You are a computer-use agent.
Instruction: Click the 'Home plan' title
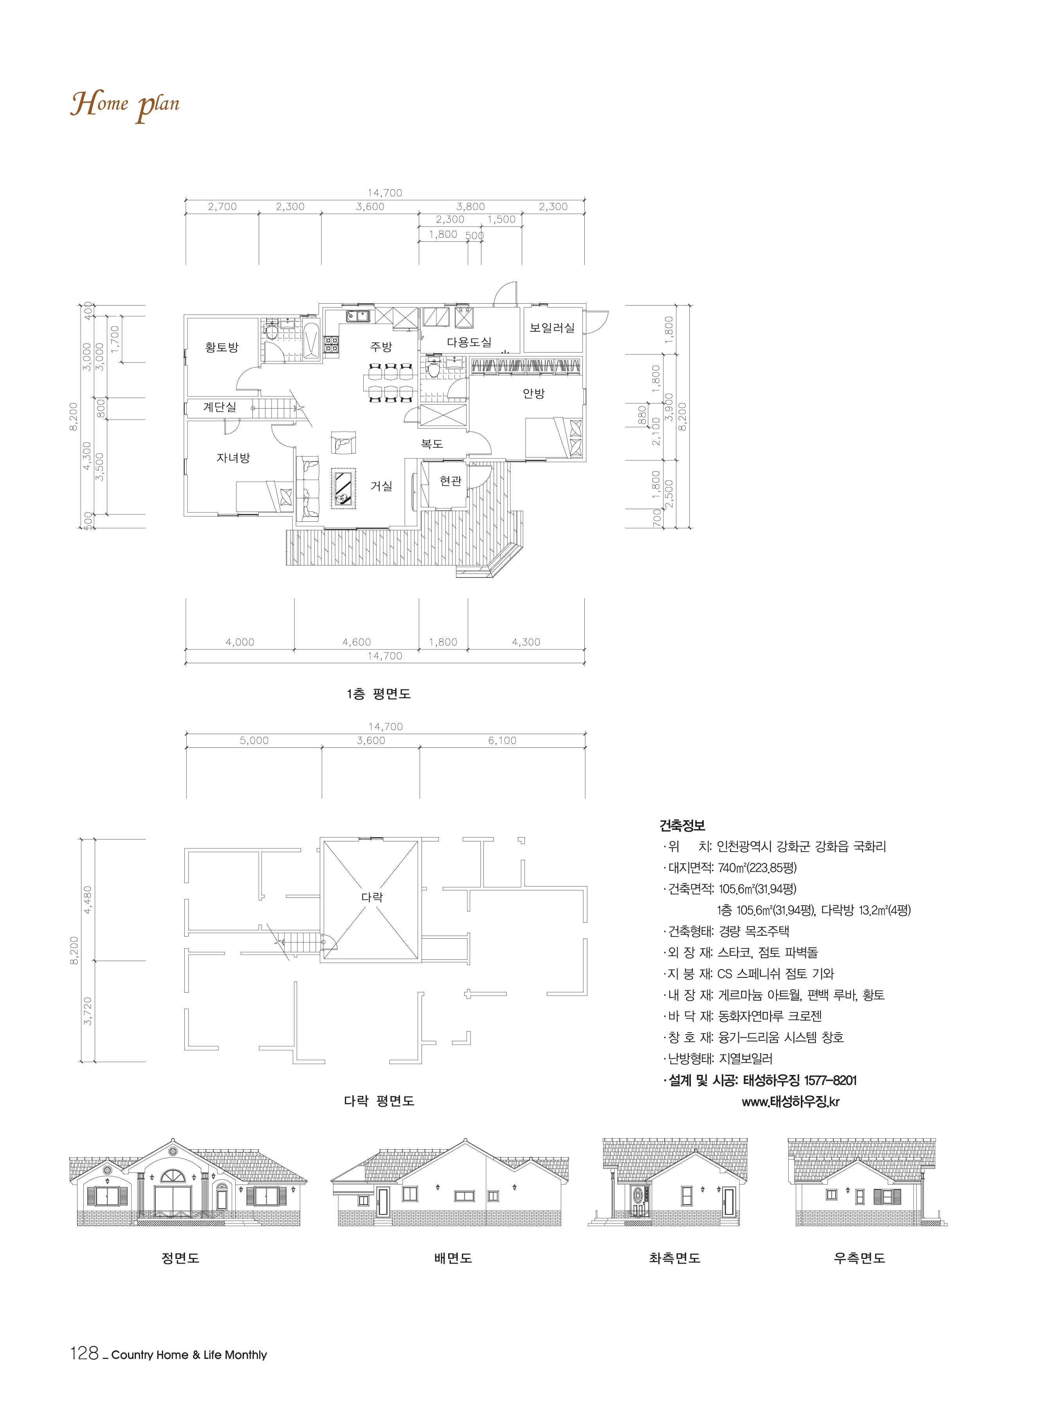(125, 105)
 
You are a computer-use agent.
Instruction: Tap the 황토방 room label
(222, 347)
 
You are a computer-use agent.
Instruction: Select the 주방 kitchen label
(381, 346)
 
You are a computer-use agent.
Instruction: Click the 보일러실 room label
(552, 327)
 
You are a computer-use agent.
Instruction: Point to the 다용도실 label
(469, 342)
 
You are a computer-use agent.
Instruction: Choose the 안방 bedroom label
(534, 393)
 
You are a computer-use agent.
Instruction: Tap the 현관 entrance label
(451, 481)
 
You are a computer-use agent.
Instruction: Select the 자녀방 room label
(233, 458)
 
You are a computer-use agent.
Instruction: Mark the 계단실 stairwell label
(220, 407)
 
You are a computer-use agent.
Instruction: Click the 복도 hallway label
(432, 443)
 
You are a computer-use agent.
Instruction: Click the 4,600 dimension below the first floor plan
(356, 642)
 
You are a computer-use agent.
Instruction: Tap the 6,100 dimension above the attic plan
(502, 740)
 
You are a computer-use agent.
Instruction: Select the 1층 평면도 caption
(379, 693)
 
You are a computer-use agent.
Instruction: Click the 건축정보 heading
(682, 825)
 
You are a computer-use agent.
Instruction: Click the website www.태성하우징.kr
(791, 1102)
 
